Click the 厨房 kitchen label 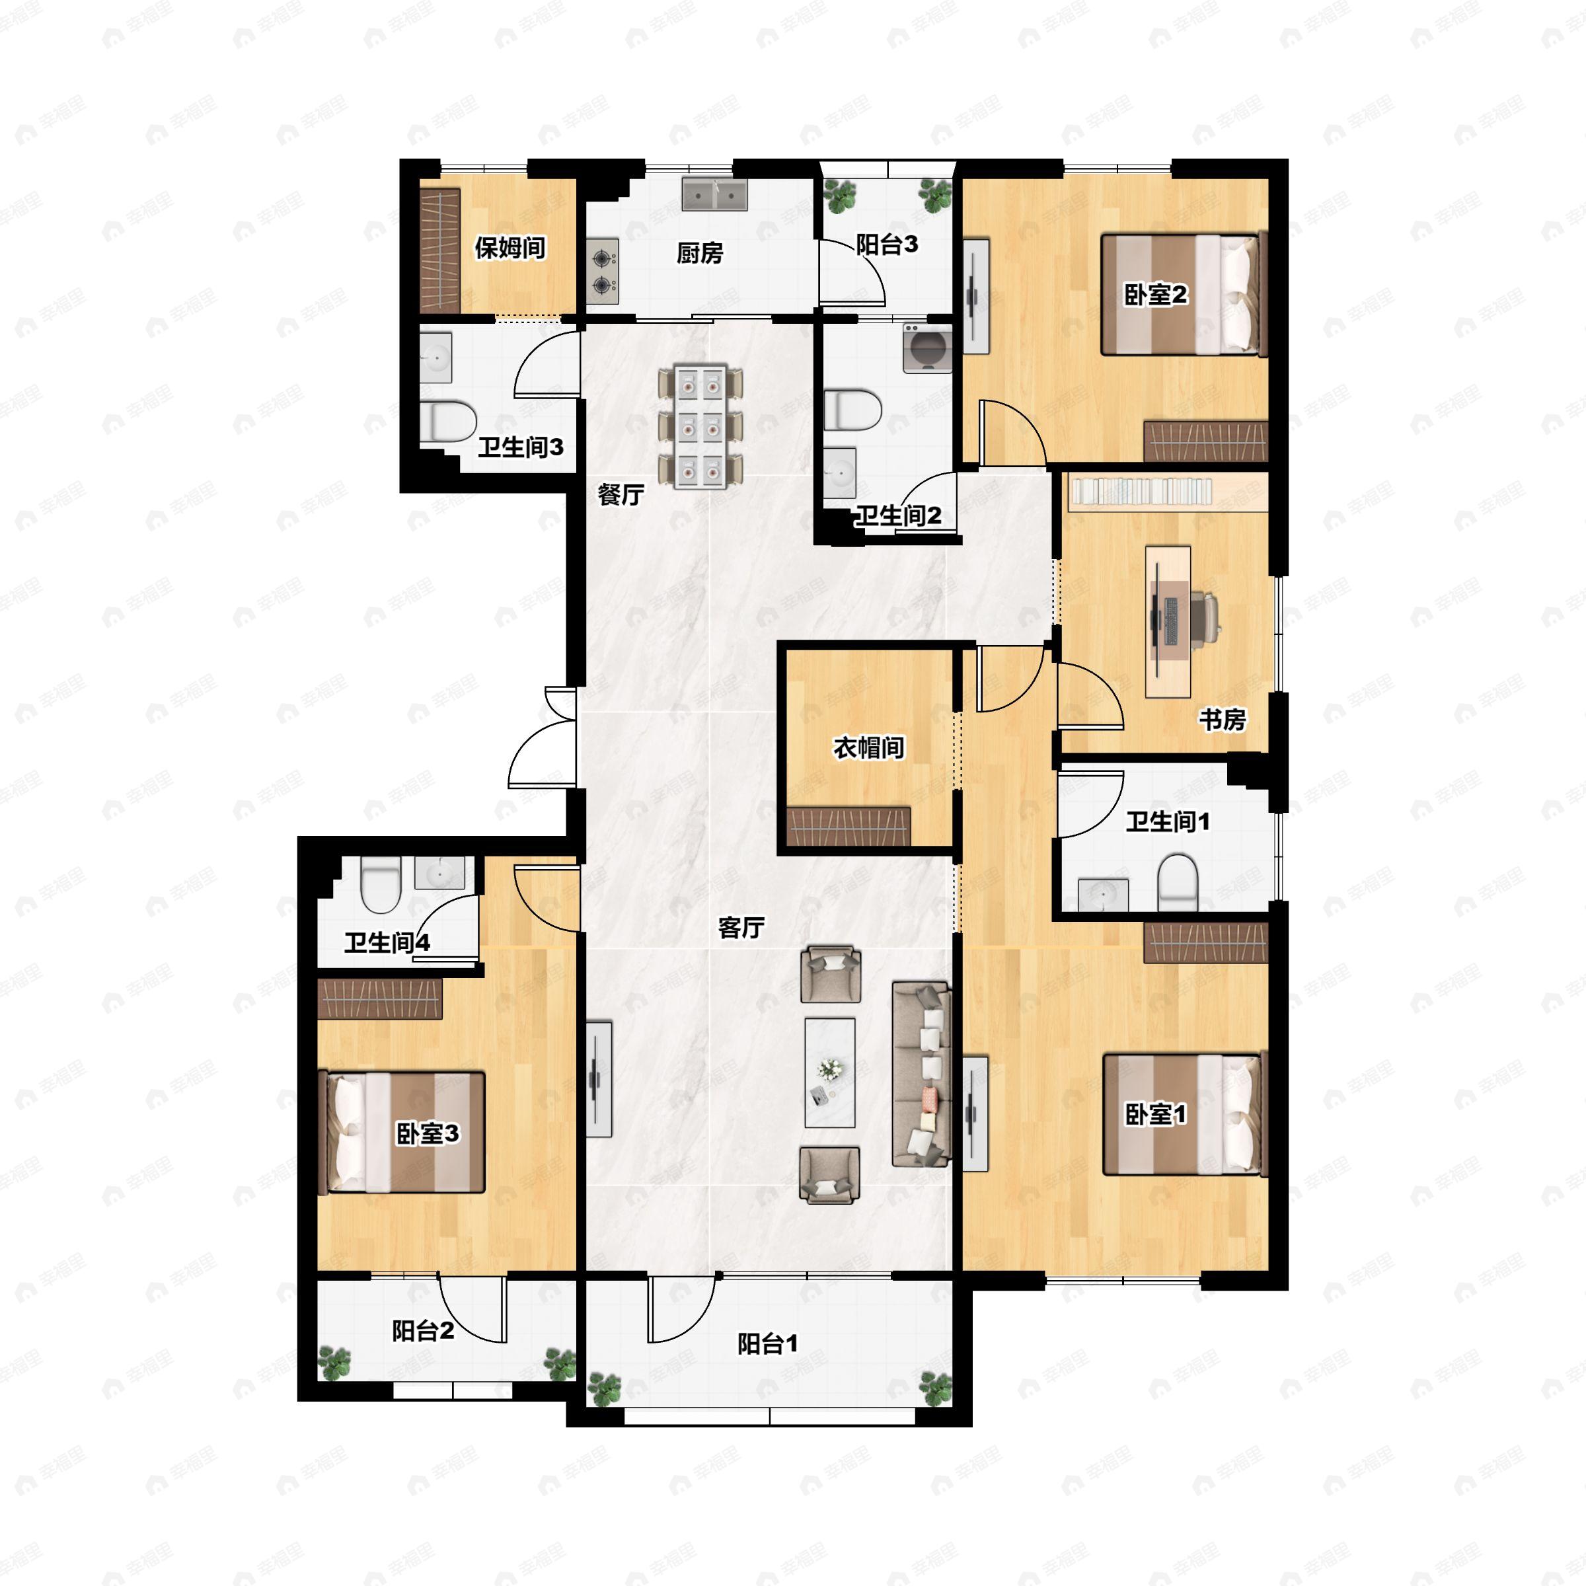(699, 253)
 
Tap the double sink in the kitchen (714, 196)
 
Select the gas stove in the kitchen (603, 271)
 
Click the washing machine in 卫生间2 (928, 349)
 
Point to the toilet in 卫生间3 (448, 421)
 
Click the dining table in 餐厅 (700, 426)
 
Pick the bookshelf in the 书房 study (1141, 492)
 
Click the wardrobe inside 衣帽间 (849, 826)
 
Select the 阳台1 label (767, 1344)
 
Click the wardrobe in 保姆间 (439, 250)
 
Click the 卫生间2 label (898, 515)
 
